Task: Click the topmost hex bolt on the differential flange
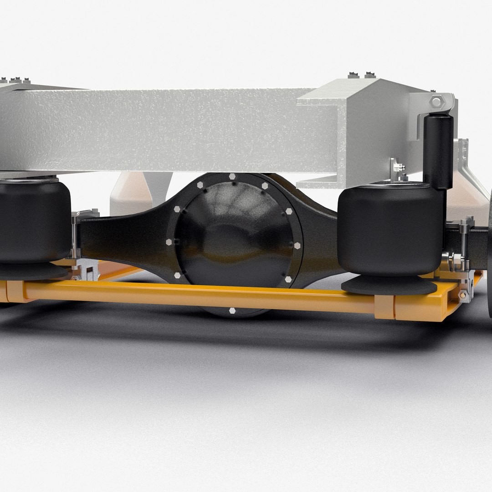coord(232,176)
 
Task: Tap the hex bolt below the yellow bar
coord(232,311)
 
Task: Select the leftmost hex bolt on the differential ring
coord(169,242)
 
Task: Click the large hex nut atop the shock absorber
coord(436,102)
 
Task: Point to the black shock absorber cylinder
coord(439,150)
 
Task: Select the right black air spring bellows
coord(391,230)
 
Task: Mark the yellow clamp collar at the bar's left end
coord(15,292)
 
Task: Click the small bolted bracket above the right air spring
coord(398,170)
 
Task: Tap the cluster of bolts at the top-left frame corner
coord(16,81)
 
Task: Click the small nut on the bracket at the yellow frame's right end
coord(463,295)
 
